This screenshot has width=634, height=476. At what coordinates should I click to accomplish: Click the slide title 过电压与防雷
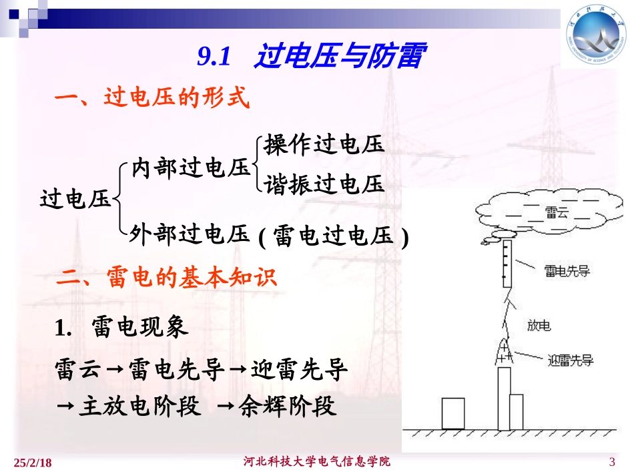[338, 57]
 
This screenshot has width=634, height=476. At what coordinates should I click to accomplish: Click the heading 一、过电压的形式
[151, 99]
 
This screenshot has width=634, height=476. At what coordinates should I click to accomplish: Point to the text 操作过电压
[325, 144]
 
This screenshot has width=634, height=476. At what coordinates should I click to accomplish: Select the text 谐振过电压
[325, 184]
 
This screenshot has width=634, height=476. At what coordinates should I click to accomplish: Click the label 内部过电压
[190, 168]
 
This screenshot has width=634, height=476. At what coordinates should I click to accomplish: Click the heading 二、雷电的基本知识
[166, 278]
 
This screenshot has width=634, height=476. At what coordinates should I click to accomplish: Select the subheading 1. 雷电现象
[121, 328]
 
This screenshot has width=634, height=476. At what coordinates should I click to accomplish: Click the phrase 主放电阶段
[139, 406]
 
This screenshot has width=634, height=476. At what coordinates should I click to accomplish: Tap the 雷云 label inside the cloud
[556, 212]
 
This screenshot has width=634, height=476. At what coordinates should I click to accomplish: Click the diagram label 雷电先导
[567, 270]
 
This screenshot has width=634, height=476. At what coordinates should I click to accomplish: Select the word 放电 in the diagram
[539, 326]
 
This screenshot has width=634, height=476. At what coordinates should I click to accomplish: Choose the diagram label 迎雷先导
[570, 361]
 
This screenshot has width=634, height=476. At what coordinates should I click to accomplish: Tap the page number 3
[612, 463]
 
